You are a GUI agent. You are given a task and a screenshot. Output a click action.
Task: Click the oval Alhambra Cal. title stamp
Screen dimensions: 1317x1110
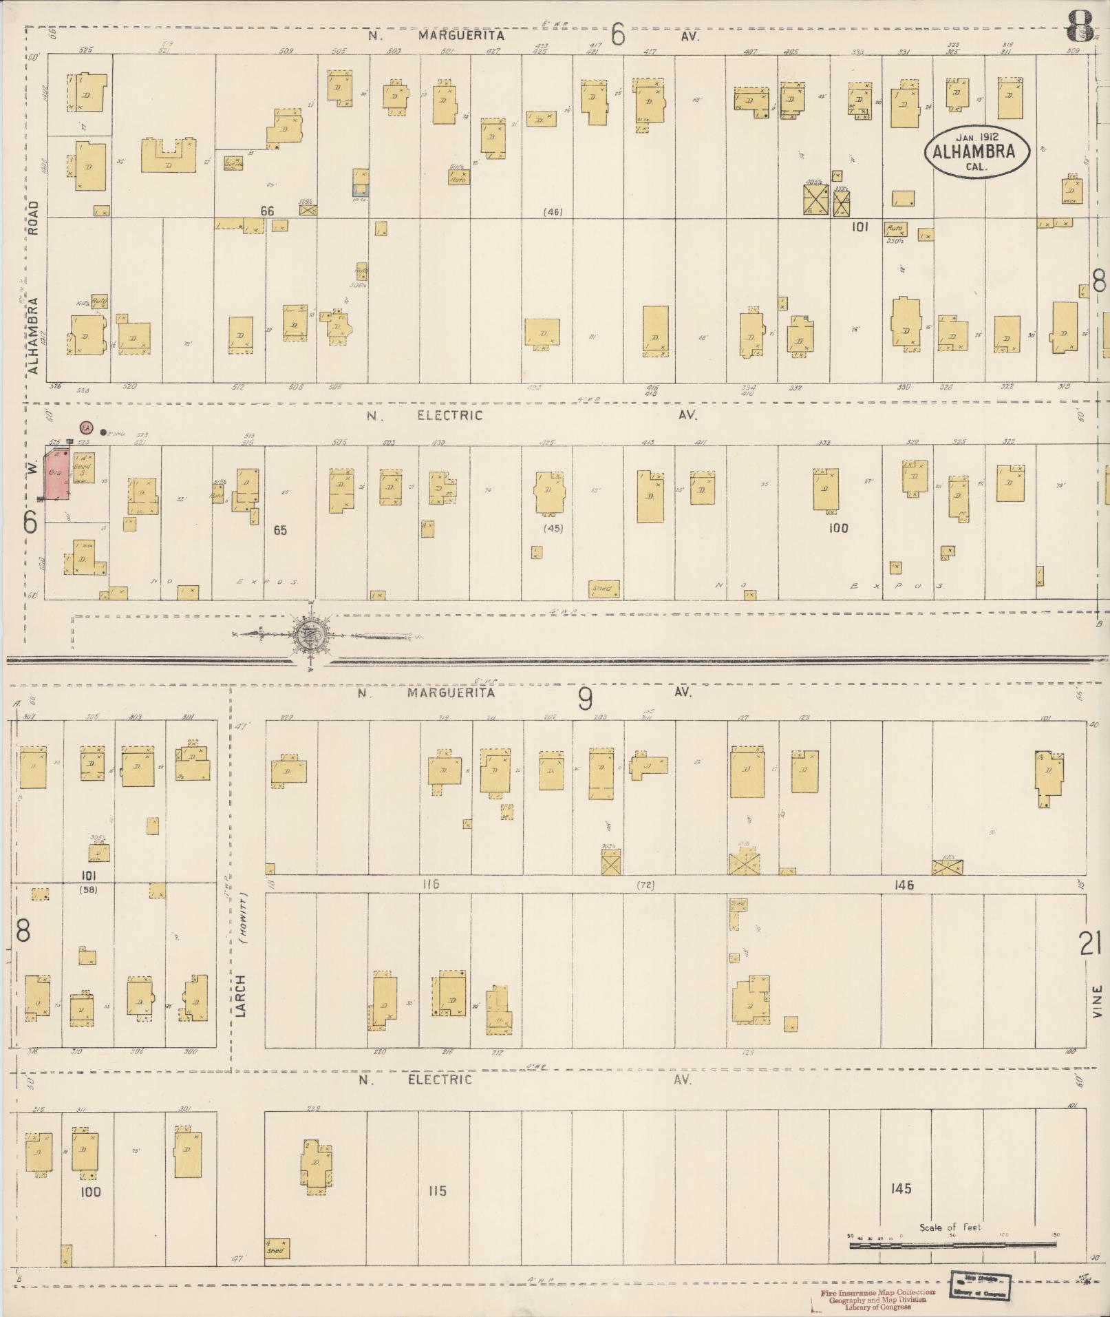tap(976, 151)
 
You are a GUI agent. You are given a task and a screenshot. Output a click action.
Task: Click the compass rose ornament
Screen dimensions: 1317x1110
tap(310, 635)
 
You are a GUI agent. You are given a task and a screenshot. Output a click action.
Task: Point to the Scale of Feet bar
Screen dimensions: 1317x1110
tap(952, 1244)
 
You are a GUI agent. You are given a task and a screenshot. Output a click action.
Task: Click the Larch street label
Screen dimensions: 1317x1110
tap(240, 996)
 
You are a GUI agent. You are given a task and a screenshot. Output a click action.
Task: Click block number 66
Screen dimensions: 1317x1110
tap(267, 211)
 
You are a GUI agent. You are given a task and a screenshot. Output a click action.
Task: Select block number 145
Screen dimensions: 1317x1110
tap(900, 1188)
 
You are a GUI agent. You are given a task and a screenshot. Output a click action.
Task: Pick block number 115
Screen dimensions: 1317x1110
tap(437, 1190)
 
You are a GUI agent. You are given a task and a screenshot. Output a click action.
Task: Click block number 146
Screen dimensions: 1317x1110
tap(904, 885)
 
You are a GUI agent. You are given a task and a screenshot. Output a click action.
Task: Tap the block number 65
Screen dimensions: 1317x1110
tap(279, 530)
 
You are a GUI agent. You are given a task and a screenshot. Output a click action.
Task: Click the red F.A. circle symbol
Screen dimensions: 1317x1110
tap(86, 428)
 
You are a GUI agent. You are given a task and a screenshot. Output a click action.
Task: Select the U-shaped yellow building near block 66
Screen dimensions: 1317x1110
tap(169, 156)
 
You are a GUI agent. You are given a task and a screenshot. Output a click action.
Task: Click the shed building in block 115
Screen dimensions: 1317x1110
tap(277, 1248)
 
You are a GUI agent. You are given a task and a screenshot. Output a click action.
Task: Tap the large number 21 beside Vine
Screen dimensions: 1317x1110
tap(1090, 943)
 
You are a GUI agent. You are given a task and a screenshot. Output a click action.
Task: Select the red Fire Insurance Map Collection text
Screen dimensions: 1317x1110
tap(877, 1292)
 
